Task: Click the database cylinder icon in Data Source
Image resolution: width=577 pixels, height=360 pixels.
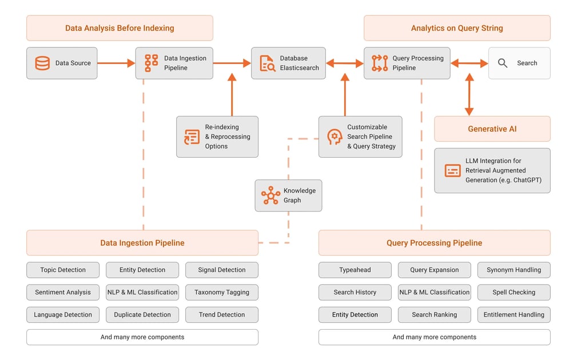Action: click(x=42, y=63)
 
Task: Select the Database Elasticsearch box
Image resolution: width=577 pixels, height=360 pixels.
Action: click(x=288, y=63)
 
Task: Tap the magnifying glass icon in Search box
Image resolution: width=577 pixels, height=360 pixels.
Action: click(x=503, y=63)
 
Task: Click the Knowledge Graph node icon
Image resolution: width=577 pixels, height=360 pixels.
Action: click(x=270, y=195)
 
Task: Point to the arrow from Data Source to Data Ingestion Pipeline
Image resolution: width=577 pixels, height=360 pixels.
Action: click(x=116, y=63)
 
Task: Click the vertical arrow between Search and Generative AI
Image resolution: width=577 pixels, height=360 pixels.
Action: click(x=469, y=94)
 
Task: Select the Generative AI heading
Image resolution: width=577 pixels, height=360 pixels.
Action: click(x=492, y=129)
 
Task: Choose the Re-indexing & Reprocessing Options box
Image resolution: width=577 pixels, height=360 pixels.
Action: click(x=217, y=137)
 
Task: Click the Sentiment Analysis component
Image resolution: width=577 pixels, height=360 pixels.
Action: click(x=63, y=292)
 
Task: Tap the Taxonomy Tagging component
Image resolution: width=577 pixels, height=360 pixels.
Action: click(x=222, y=292)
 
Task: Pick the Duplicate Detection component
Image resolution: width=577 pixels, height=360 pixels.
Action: click(x=142, y=314)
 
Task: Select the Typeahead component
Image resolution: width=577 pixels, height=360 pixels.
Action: click(x=355, y=270)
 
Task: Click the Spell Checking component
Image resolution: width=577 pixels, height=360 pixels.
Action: click(x=514, y=292)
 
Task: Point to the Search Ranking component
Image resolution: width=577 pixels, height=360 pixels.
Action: click(x=434, y=314)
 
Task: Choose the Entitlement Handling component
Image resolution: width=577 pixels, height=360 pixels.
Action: click(x=514, y=314)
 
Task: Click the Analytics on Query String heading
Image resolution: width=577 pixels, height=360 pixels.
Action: click(x=457, y=28)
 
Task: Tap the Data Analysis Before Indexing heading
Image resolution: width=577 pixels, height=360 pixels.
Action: click(x=120, y=28)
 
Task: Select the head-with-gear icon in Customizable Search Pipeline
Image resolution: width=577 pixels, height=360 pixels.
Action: click(x=335, y=137)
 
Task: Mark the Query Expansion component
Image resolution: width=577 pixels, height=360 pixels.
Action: click(x=434, y=270)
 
